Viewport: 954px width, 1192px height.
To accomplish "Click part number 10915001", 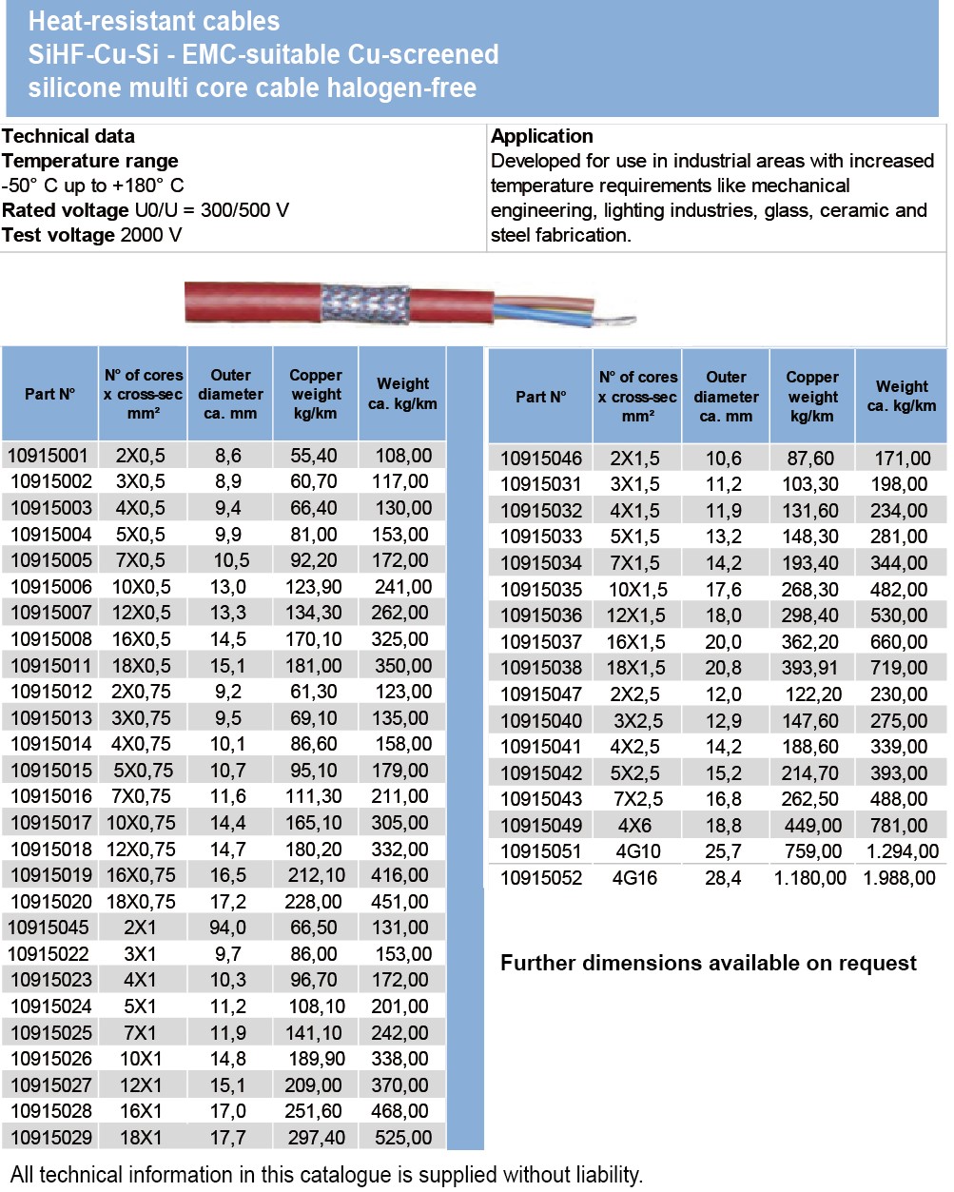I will coord(48,456).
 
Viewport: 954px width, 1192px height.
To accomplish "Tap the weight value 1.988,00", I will coord(899,878).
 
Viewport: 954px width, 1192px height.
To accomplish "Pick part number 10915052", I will coord(540,878).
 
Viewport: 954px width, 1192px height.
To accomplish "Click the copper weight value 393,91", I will coord(810,668).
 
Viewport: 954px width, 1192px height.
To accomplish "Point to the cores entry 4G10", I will coord(634,851).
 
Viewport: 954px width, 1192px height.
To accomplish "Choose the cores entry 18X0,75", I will coord(141,902).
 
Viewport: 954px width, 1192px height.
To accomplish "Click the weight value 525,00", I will coord(403,1138).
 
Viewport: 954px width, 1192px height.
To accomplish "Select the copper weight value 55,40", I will coord(314,456).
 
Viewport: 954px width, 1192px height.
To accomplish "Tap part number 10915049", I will coord(540,826).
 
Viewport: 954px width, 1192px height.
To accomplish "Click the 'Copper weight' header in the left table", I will coord(315,394).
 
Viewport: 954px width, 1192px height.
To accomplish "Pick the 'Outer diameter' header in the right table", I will coord(726,397).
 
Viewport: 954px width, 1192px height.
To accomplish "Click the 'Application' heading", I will coord(541,136).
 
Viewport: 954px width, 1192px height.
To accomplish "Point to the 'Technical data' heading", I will coord(68,136).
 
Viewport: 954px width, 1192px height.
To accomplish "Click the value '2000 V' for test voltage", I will coord(151,235).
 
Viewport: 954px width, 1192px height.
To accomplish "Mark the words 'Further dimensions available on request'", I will coord(708,963).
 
